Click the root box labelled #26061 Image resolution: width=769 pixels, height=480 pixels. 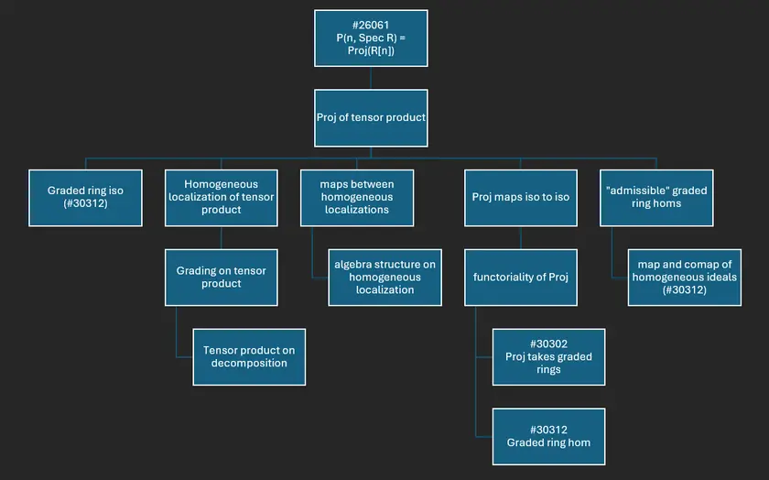(371, 38)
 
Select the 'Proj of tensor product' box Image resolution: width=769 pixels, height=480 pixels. (371, 117)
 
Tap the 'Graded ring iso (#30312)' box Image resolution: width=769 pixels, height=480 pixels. (85, 197)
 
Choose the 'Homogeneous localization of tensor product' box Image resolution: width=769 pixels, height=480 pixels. (221, 197)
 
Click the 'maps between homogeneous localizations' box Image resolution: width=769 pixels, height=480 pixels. (356, 197)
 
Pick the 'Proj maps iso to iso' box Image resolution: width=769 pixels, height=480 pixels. (521, 197)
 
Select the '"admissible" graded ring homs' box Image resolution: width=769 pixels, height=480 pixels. (656, 197)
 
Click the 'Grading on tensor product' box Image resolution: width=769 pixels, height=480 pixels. (221, 277)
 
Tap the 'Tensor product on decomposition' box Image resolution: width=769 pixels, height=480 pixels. (248, 356)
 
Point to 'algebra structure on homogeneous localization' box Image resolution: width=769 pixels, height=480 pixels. (384, 277)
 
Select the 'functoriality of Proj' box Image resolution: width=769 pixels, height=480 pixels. (521, 277)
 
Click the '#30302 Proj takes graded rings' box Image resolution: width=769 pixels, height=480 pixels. (548, 356)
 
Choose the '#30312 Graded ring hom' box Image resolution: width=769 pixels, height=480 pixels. (548, 436)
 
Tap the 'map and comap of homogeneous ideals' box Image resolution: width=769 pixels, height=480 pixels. (683, 277)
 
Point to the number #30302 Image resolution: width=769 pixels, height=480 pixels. (548, 344)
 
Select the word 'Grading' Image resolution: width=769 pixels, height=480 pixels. (197, 270)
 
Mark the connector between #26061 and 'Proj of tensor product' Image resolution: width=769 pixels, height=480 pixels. (371, 78)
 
